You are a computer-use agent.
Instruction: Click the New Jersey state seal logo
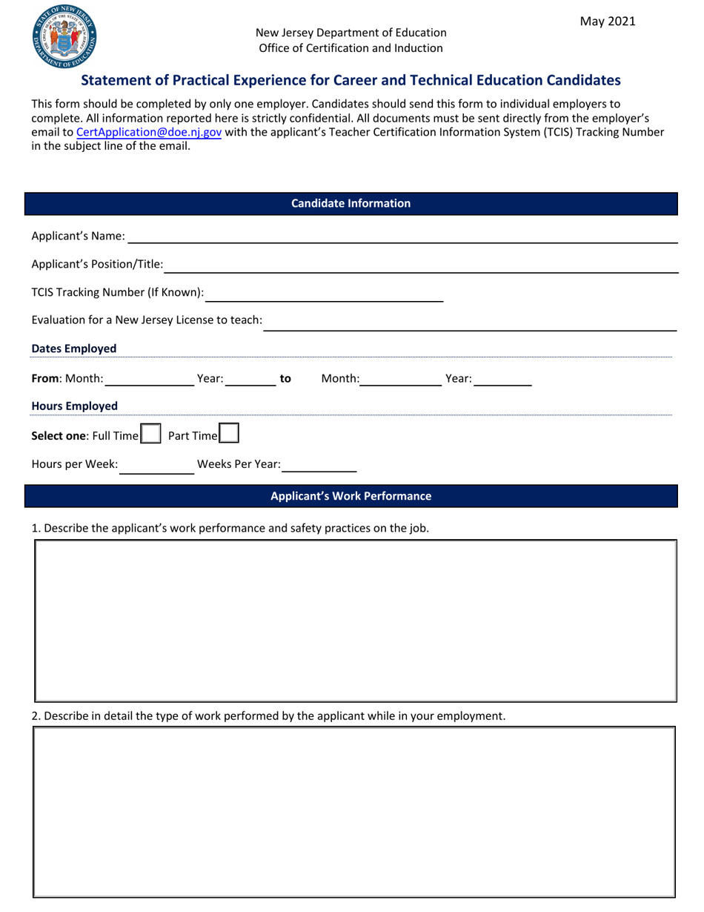pos(64,36)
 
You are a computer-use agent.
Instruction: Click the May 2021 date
pos(607,22)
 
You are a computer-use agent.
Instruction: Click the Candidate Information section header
pos(351,203)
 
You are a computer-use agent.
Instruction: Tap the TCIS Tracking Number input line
pos(324,294)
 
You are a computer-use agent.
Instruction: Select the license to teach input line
pos(471,322)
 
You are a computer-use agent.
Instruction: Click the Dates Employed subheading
pos(73,348)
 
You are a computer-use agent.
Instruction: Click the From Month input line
pos(150,380)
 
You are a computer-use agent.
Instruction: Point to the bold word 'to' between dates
pos(285,379)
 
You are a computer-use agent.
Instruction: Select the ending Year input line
pos(502,380)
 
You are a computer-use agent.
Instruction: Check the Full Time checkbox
pos(151,434)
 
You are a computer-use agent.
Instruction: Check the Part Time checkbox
pos(229,433)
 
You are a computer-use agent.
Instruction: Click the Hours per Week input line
pos(156,466)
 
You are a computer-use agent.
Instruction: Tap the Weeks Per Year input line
pos(319,466)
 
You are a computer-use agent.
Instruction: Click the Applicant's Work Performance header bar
pos(351,496)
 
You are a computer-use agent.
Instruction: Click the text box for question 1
pos(356,621)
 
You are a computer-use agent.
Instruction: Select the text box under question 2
pos(354,812)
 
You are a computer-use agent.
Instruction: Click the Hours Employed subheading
pos(74,406)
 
